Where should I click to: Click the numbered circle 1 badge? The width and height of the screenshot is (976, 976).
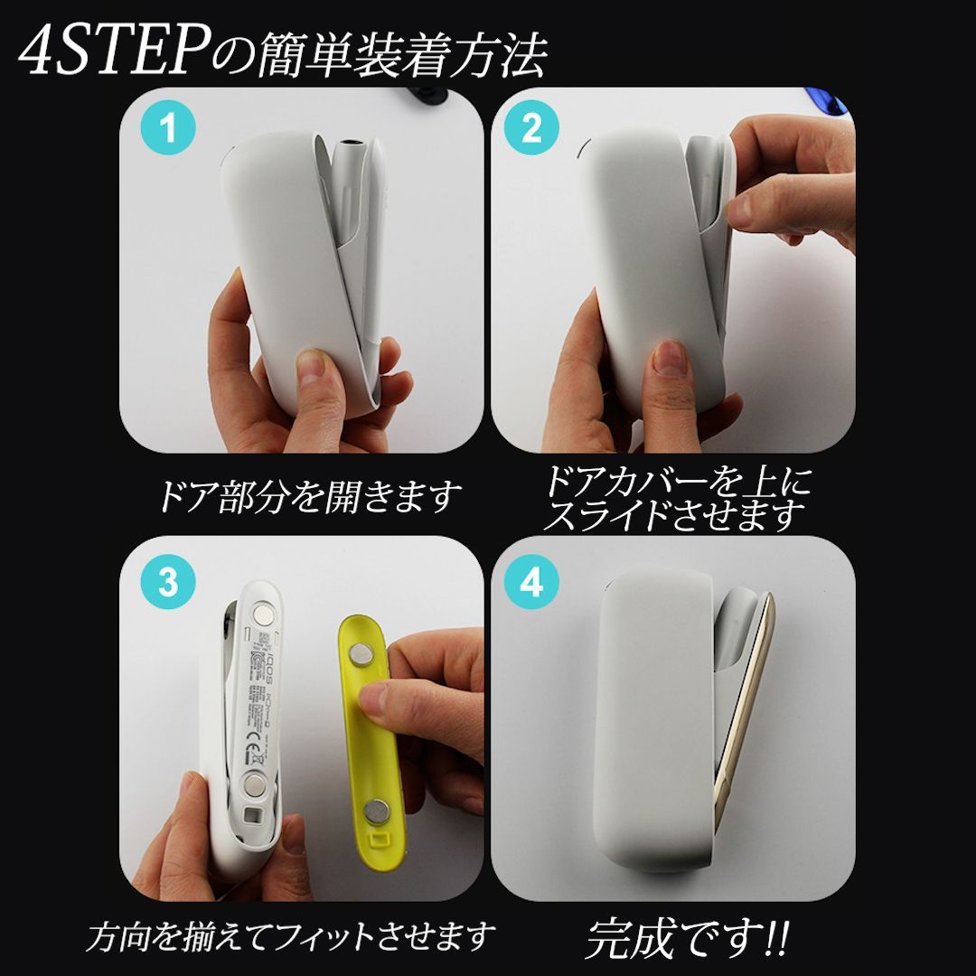(168, 130)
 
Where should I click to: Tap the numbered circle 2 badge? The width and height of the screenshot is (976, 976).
(531, 130)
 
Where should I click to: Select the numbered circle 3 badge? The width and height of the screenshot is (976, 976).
(168, 583)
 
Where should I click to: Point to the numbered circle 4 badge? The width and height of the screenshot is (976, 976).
(531, 583)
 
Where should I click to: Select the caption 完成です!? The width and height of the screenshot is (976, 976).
(687, 939)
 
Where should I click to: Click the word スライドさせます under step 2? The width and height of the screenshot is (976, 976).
(674, 516)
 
